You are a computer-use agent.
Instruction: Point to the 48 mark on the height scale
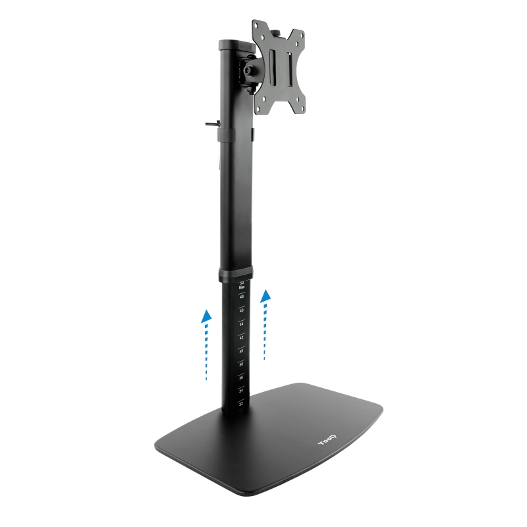point(242,297)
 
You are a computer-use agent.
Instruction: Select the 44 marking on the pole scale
point(241,324)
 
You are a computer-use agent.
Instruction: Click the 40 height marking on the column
point(241,351)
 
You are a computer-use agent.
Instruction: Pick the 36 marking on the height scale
point(241,377)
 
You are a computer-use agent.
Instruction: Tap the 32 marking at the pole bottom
point(241,403)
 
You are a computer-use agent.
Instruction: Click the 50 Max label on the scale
point(242,285)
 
